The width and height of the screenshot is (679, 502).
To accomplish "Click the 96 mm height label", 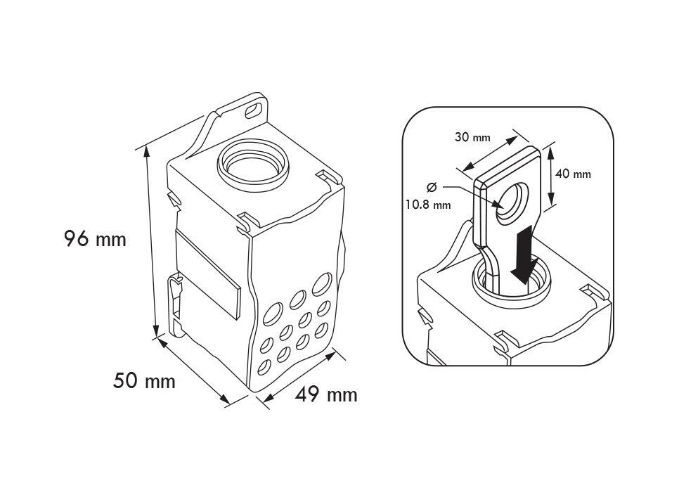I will tap(95, 240).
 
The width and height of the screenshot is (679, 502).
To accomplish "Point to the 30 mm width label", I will tap(472, 137).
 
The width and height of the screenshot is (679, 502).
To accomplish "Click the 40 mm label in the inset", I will tap(573, 174).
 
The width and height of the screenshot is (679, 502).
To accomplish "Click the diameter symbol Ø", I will tap(431, 187).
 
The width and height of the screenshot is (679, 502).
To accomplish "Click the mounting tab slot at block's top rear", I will tap(250, 110).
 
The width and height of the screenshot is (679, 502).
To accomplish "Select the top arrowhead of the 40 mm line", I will tap(551, 150).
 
